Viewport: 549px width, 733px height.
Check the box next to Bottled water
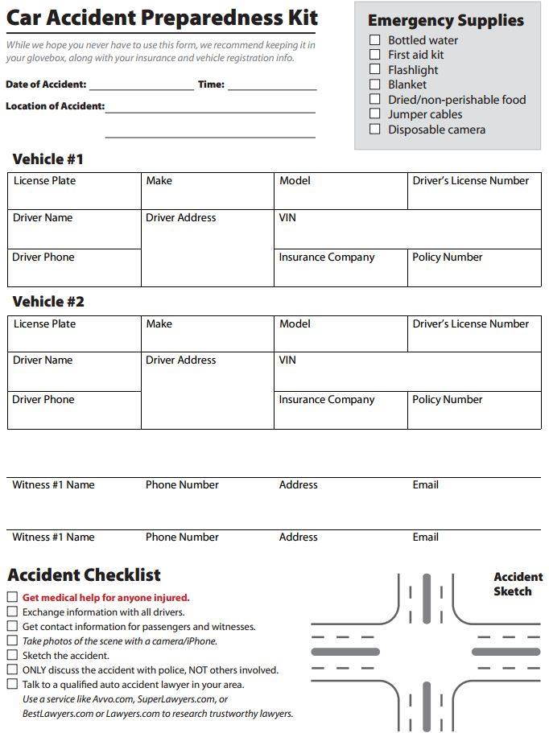point(374,39)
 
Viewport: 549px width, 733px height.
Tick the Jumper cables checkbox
point(374,114)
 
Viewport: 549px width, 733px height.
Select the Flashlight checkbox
point(374,69)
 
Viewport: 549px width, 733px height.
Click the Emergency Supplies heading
point(445,21)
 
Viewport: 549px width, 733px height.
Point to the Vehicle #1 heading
point(47,159)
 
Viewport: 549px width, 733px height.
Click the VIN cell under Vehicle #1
point(407,229)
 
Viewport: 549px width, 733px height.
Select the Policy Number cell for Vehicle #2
point(474,410)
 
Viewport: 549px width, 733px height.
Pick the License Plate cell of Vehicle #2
point(74,333)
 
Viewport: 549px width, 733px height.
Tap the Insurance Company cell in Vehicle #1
point(341,267)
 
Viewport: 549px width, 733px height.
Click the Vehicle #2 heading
point(48,302)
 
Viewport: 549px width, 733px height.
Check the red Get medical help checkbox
point(12,598)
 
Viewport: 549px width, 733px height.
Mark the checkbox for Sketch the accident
point(12,656)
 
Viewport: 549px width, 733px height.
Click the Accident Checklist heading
point(84,575)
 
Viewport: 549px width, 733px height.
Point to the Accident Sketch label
point(517,584)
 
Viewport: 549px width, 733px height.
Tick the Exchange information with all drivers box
point(12,612)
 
